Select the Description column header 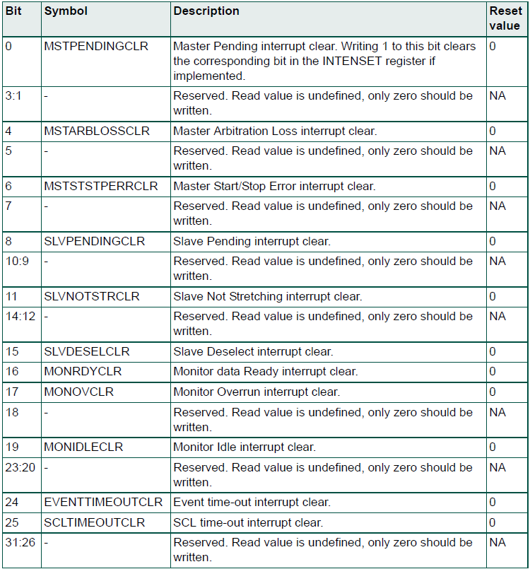pyautogui.click(x=206, y=12)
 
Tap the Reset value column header pyautogui.click(x=505, y=18)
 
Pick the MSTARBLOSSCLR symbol pyautogui.click(x=97, y=131)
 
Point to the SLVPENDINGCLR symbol pyautogui.click(x=94, y=241)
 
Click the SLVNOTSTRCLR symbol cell pyautogui.click(x=92, y=296)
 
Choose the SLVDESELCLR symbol pyautogui.click(x=87, y=351)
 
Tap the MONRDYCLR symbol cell pyautogui.click(x=83, y=371)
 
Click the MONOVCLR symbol pyautogui.click(x=78, y=392)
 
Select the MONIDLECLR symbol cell pyautogui.click(x=83, y=447)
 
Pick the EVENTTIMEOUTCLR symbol pyautogui.click(x=103, y=502)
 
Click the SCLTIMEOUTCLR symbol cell pyautogui.click(x=94, y=522)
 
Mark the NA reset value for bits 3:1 pyautogui.click(x=497, y=95)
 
